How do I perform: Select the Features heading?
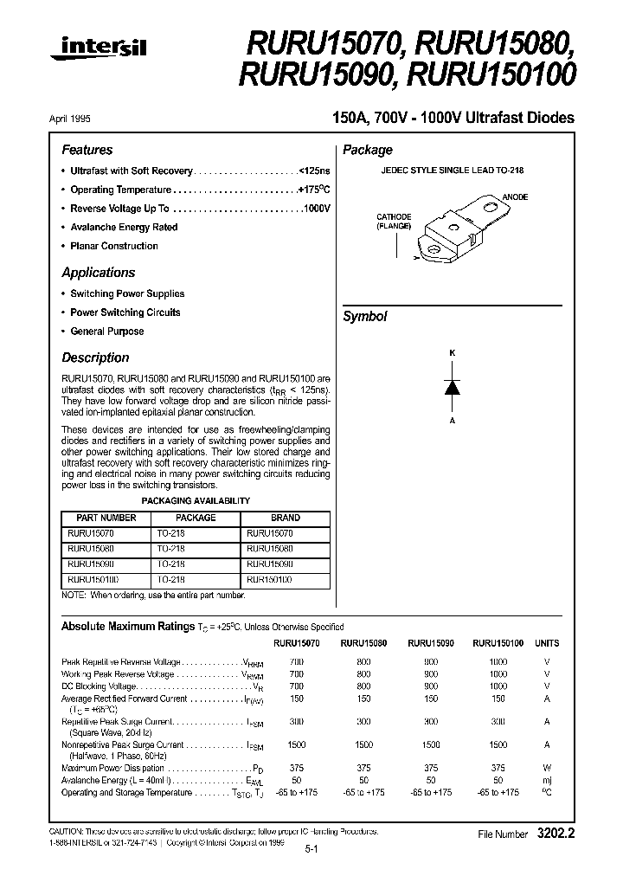click(x=87, y=150)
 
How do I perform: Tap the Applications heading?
click(x=98, y=273)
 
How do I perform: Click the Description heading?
click(x=95, y=357)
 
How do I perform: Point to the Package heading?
click(x=368, y=150)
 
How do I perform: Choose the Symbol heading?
click(x=365, y=317)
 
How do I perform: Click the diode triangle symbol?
click(x=451, y=387)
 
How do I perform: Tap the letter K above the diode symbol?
click(x=451, y=353)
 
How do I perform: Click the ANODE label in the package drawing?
click(x=515, y=197)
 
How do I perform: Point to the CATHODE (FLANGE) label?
click(x=394, y=221)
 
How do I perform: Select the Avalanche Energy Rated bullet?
click(x=124, y=228)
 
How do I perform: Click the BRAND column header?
click(x=286, y=518)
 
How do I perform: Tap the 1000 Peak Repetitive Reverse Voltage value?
click(x=498, y=660)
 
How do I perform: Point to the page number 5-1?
click(x=311, y=852)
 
